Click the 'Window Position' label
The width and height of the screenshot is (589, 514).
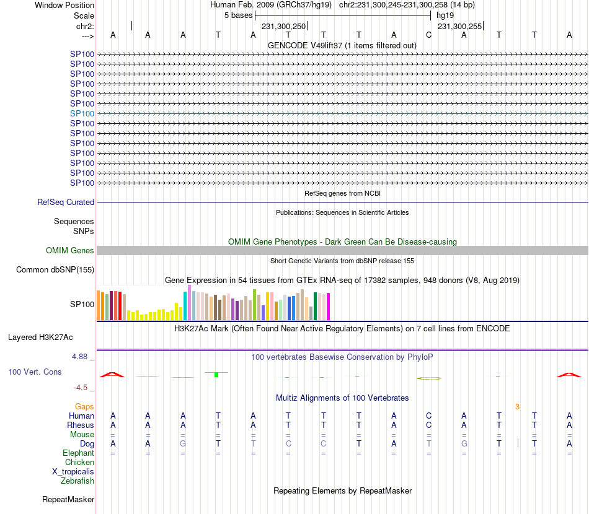pos(64,5)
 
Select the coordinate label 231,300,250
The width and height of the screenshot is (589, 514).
pos(283,26)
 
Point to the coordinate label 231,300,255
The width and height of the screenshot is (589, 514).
pos(459,26)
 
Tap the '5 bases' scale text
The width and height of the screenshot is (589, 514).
pos(238,15)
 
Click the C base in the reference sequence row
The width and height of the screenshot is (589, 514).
pos(428,35)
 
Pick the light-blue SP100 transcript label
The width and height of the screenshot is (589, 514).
pos(82,113)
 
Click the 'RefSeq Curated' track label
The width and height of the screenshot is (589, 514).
pos(66,202)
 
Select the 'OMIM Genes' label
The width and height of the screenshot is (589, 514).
pos(70,250)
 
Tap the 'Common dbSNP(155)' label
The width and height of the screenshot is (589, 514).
pos(55,269)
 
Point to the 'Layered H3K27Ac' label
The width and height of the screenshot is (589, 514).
pos(40,338)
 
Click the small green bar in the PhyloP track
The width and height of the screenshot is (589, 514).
pos(216,375)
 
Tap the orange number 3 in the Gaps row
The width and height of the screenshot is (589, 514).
pos(517,406)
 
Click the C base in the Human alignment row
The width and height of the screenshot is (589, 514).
pos(428,416)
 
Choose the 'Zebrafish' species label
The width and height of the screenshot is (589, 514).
pos(77,481)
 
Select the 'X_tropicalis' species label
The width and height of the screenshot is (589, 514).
pos(73,471)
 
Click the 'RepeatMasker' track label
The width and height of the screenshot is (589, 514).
pos(68,499)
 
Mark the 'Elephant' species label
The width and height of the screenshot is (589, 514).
pos(79,453)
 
